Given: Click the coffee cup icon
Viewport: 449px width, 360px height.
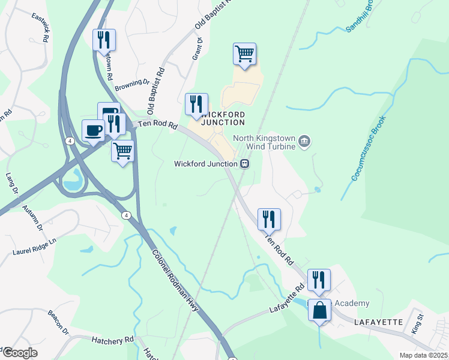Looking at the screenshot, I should pyautogui.click(x=93, y=130).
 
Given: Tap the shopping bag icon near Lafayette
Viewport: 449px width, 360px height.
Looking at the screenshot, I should pyautogui.click(x=320, y=310).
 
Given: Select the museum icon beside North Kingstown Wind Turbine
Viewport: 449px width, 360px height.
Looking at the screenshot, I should pyautogui.click(x=305, y=141).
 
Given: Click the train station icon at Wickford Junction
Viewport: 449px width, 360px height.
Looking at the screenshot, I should pyautogui.click(x=245, y=164).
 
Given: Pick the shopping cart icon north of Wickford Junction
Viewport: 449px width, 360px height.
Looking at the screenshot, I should pyautogui.click(x=244, y=54).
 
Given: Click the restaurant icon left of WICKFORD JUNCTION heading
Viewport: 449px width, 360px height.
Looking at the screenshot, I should pyautogui.click(x=196, y=104).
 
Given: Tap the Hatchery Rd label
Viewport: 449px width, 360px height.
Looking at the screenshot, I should pyautogui.click(x=112, y=340).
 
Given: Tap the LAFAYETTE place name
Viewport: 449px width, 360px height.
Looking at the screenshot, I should pyautogui.click(x=378, y=322).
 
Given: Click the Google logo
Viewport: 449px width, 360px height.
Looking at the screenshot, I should pyautogui.click(x=20, y=353).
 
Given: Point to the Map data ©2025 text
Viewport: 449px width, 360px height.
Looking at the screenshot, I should pyautogui.click(x=423, y=355).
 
